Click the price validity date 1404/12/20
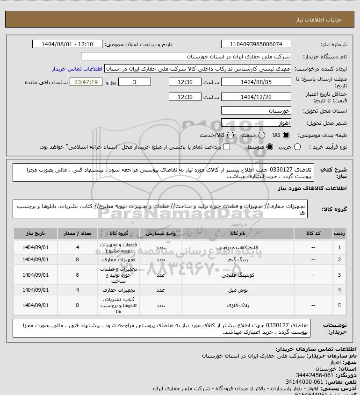[x=256, y=97]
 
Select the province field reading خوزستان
[x=256, y=111]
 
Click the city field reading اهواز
[x=256, y=123]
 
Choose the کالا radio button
[x=286, y=136]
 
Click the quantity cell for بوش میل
[x=77, y=290]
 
